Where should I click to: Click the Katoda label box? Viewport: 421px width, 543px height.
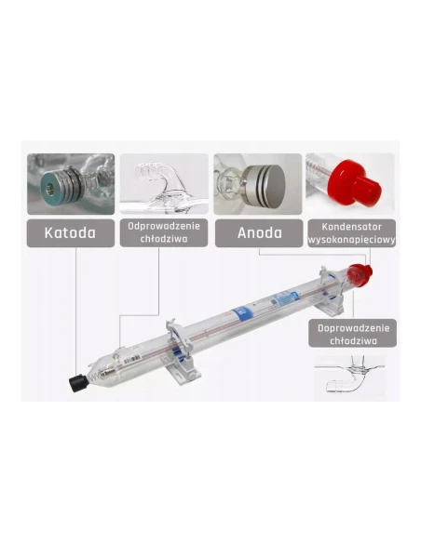(70, 232)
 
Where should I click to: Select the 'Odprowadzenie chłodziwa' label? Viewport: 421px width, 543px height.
(164, 232)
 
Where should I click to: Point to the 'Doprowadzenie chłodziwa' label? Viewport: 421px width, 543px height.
(352, 334)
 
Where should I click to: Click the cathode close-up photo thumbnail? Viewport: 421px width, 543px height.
(70, 184)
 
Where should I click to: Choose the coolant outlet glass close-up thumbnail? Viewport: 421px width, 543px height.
(164, 184)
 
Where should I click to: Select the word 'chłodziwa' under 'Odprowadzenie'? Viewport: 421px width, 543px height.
(164, 239)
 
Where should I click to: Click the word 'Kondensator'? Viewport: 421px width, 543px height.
(352, 225)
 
